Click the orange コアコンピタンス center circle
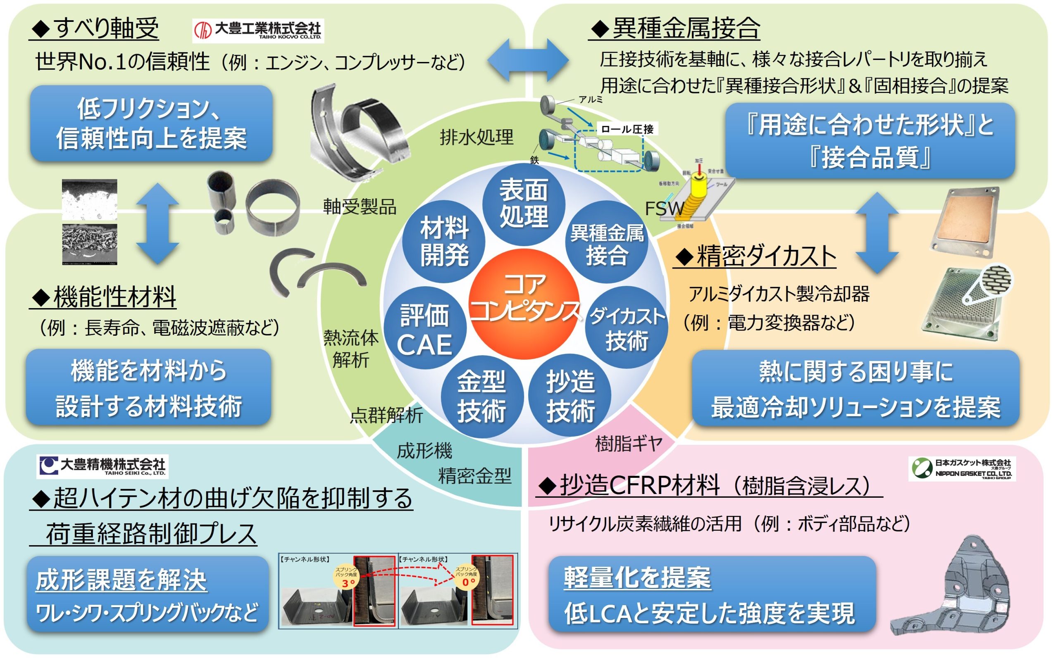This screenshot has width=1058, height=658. click(x=524, y=304)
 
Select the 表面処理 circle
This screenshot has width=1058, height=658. click(x=524, y=203)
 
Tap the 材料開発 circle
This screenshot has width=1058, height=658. click(x=444, y=241)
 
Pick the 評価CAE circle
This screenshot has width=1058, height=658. click(x=425, y=328)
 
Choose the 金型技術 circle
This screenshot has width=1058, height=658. click(x=482, y=396)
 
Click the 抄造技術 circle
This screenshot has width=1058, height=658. click(x=570, y=396)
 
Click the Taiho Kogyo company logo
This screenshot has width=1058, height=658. click(x=258, y=31)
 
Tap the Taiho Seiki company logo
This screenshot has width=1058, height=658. click(x=103, y=466)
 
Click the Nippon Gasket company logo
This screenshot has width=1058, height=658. click(x=962, y=468)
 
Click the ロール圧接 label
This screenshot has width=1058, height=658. click(x=627, y=129)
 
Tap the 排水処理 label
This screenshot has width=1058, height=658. click(x=477, y=137)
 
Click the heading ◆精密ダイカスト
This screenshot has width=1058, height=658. click(x=755, y=257)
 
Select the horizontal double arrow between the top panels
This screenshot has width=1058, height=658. click(x=528, y=60)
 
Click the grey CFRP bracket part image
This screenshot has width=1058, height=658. click(x=953, y=587)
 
